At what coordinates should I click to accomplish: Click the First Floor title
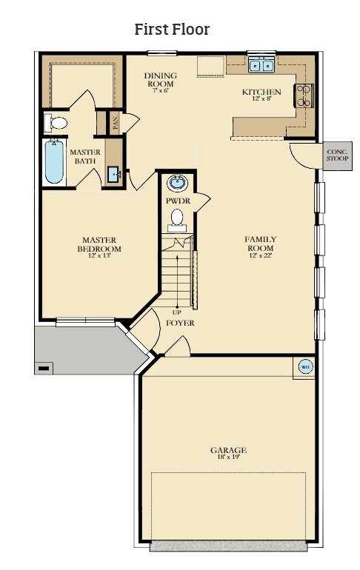[172, 29]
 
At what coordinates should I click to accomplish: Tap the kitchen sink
[261, 65]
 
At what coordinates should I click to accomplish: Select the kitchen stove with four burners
[304, 95]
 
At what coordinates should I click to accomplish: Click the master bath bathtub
[55, 161]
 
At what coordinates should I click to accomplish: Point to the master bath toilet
[56, 123]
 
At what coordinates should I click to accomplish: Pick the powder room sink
[178, 183]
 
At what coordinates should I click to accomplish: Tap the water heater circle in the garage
[305, 367]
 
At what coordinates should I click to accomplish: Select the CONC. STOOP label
[338, 155]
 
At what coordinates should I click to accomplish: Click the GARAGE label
[228, 450]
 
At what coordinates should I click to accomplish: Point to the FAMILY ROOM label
[260, 244]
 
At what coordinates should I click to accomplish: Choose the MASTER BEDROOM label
[99, 244]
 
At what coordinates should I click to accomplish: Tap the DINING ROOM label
[160, 80]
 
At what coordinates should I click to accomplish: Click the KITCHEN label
[261, 92]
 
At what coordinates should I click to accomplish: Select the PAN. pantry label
[116, 123]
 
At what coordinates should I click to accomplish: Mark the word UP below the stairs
[177, 312]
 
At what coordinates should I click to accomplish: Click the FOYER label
[180, 323]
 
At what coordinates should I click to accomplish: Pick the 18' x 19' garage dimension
[228, 457]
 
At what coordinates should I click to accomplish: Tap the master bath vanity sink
[114, 175]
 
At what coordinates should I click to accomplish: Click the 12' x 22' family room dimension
[261, 255]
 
